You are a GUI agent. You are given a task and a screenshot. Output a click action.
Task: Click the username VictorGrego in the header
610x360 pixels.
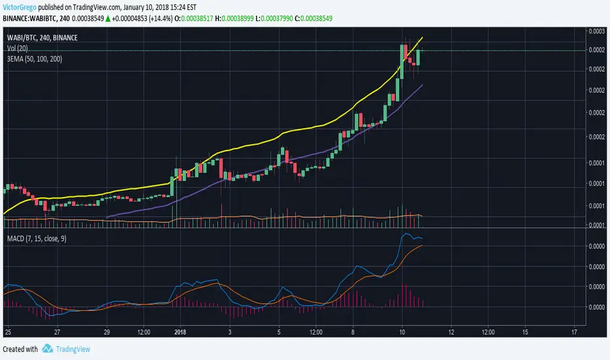19,7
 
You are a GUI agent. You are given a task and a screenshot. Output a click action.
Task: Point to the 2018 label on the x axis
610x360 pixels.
181,332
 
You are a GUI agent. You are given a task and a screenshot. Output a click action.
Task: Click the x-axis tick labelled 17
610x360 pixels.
574,332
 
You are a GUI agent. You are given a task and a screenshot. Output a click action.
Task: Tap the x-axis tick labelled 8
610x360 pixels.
353,332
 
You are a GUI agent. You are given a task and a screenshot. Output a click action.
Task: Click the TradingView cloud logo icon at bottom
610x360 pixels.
48,350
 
